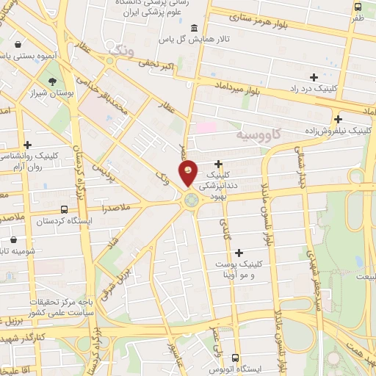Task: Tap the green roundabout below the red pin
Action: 191,198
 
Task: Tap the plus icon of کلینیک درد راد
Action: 314,76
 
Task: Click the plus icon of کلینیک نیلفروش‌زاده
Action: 338,119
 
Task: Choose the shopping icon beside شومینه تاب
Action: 14,239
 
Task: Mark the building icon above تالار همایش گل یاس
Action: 195,28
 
